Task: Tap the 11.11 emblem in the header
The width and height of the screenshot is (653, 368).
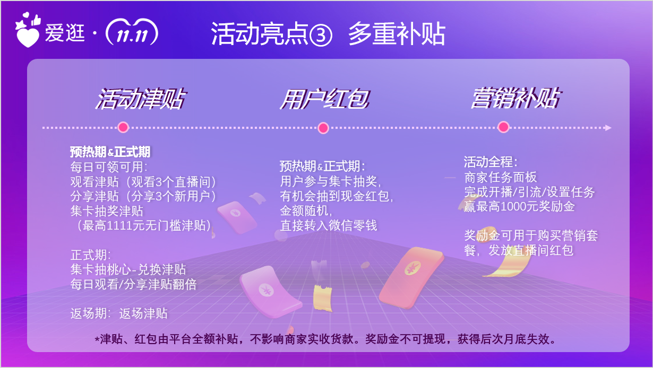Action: [x=132, y=32]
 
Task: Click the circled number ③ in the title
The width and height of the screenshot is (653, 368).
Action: [x=321, y=35]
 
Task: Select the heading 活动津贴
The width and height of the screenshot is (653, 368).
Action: [x=140, y=99]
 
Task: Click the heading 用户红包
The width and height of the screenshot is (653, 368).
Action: [x=324, y=99]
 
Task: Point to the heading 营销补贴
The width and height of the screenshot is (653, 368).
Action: [x=515, y=98]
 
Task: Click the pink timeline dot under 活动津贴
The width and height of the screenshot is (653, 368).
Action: [x=123, y=127]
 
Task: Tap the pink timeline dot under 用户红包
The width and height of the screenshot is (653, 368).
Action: [x=323, y=128]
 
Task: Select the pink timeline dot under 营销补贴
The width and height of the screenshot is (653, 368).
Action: [x=503, y=127]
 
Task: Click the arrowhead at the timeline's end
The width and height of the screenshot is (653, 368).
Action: [x=608, y=128]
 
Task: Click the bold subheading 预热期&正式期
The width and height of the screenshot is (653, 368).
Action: [x=110, y=152]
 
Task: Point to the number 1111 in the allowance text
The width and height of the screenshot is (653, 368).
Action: [x=119, y=226]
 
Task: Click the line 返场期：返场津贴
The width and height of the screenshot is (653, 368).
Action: [x=119, y=313]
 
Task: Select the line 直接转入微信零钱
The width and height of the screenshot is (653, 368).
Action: [x=329, y=226]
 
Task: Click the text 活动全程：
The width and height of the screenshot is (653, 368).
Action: [x=491, y=162]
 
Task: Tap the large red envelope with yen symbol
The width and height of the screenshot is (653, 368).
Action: [x=411, y=277]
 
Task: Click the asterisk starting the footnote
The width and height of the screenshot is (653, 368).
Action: [x=97, y=339]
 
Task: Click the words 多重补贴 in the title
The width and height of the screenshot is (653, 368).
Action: [x=397, y=34]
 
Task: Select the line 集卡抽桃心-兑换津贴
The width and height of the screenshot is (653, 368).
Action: [x=128, y=269]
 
